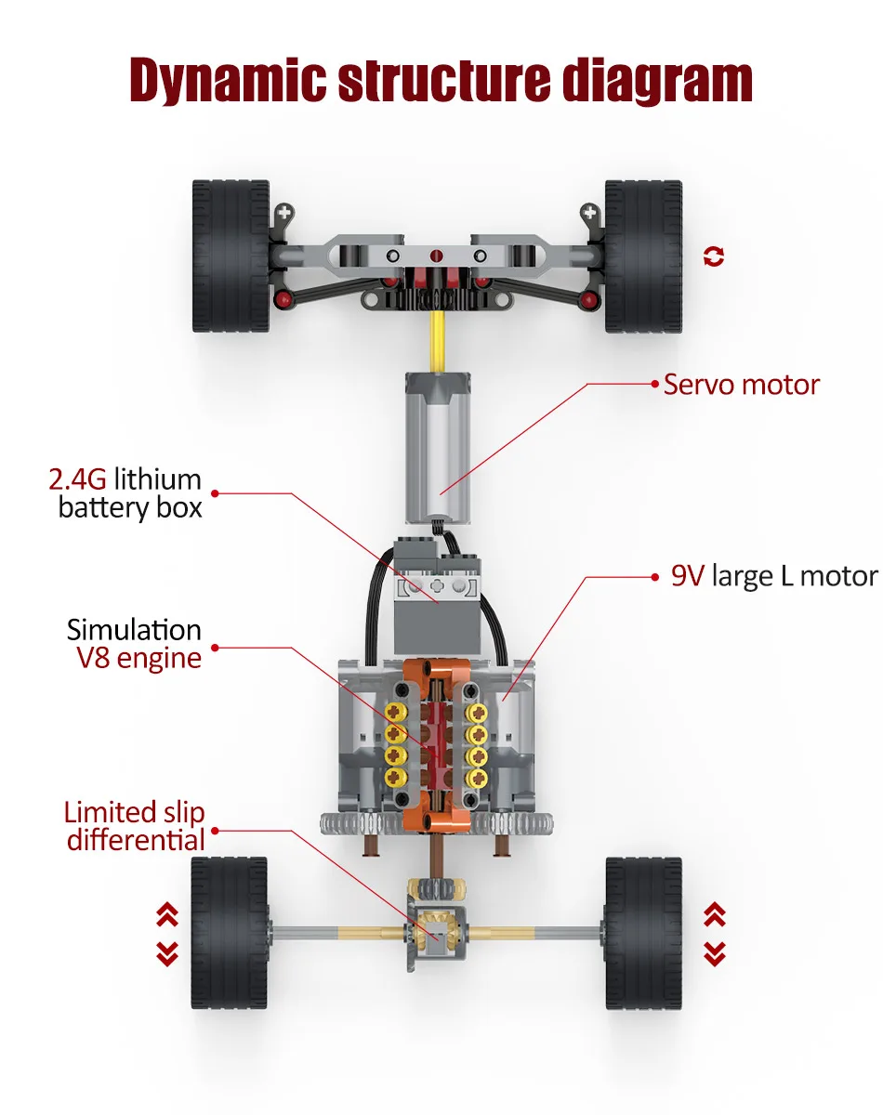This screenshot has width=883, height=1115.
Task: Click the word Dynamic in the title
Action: click(x=228, y=81)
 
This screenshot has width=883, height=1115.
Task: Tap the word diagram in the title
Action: click(x=657, y=81)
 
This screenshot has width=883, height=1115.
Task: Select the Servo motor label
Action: click(x=742, y=385)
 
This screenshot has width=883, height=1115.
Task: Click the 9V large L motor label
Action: click(x=774, y=576)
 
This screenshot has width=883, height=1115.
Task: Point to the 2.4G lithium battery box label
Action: click(x=125, y=492)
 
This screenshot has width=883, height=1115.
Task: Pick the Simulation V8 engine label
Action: click(x=134, y=644)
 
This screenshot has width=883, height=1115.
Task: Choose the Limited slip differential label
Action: click(x=134, y=826)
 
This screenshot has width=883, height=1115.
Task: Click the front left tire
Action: click(x=231, y=256)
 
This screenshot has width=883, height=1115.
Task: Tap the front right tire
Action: click(x=643, y=256)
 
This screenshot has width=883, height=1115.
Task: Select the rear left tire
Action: click(x=230, y=933)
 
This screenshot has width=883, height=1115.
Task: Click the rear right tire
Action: click(x=643, y=933)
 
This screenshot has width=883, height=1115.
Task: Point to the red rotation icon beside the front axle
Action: click(x=714, y=256)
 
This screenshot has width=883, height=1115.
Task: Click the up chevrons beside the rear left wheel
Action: click(x=167, y=914)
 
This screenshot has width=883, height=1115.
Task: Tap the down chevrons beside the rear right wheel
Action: click(x=715, y=954)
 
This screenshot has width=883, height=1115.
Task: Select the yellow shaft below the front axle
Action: click(x=437, y=341)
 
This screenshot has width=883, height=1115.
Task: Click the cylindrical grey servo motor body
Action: click(x=438, y=448)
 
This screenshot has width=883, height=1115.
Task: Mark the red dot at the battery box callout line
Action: click(x=215, y=492)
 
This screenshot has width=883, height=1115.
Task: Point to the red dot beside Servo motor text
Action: click(x=655, y=384)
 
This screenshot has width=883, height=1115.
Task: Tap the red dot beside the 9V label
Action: click(x=655, y=577)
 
